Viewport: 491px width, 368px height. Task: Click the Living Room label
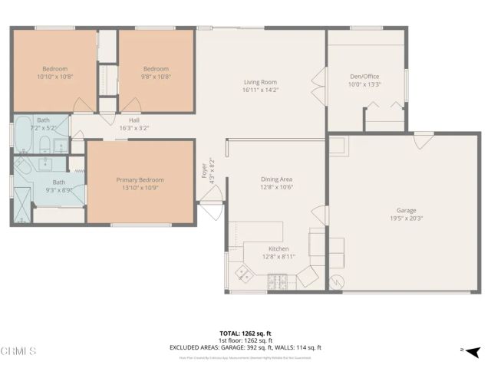[x=260, y=82]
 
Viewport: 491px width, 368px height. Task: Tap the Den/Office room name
[x=364, y=76]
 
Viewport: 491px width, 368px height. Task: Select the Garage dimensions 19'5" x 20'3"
[x=406, y=217]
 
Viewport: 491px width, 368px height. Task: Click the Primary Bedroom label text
[x=140, y=180]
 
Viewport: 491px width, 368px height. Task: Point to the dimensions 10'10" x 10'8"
[x=54, y=76]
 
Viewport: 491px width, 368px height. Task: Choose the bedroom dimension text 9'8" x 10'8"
[x=156, y=76]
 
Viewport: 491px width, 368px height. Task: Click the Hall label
[x=133, y=120]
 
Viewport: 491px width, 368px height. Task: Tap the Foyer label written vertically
[x=204, y=169]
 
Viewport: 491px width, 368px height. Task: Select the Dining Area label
[x=276, y=179]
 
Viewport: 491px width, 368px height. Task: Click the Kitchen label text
[x=278, y=248]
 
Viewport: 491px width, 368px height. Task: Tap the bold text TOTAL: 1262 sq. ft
[x=245, y=333]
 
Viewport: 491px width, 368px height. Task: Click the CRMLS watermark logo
[x=19, y=351]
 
